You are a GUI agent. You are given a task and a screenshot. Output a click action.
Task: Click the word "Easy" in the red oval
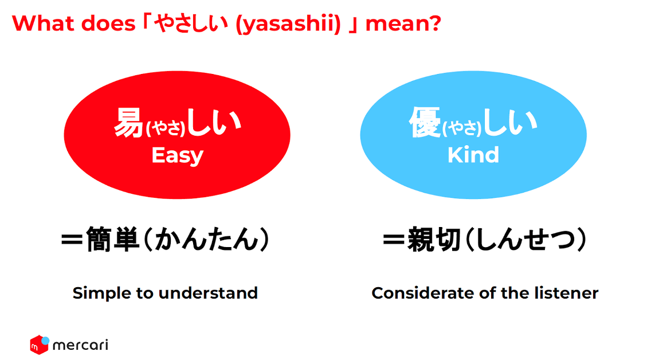(177, 156)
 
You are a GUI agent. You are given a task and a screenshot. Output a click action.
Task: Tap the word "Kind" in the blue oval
(473, 155)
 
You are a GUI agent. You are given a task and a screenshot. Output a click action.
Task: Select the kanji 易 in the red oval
(129, 123)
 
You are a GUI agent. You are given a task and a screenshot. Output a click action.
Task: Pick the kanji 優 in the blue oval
(425, 122)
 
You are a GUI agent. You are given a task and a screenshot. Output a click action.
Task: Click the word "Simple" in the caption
(102, 294)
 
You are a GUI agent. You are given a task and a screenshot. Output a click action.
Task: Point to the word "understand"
(209, 293)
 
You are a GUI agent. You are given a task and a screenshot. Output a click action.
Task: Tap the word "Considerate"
(423, 293)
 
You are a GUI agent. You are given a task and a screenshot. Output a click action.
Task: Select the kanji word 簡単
(112, 240)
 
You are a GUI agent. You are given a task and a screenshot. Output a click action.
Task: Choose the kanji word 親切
(434, 240)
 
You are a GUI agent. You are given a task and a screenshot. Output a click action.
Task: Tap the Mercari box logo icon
(40, 345)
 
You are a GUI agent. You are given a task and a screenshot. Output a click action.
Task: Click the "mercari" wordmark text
(81, 345)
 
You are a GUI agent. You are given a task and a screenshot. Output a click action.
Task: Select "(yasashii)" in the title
(288, 24)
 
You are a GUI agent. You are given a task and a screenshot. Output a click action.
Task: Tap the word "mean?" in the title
(403, 24)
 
